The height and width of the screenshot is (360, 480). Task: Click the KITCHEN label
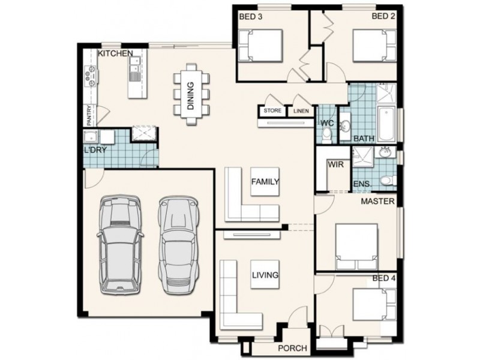[115, 53]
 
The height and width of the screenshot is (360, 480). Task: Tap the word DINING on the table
[190, 96]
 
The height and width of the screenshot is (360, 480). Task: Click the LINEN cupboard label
[301, 110]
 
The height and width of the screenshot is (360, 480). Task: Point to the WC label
[326, 123]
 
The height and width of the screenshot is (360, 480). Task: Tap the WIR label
[335, 163]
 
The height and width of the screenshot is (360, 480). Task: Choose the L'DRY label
[95, 149]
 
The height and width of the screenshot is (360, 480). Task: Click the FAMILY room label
[265, 181]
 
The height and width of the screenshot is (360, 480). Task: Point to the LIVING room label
[265, 275]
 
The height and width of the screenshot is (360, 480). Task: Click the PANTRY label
[89, 115]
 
